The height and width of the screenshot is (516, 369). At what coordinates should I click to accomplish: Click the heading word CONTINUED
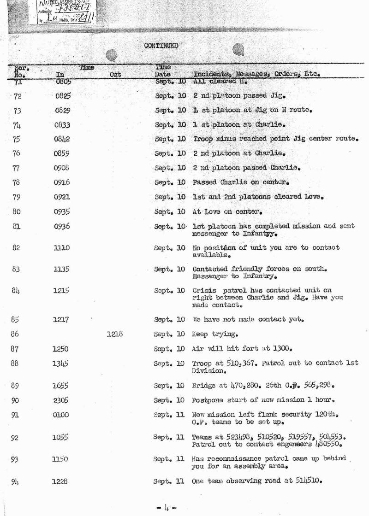pos(161,46)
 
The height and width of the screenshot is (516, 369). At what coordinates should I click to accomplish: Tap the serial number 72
pos(18,97)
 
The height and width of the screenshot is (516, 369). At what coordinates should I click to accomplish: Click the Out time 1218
pos(115,334)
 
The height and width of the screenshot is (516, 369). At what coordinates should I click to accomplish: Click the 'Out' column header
pos(115,74)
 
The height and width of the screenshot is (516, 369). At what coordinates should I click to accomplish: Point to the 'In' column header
pos(60,74)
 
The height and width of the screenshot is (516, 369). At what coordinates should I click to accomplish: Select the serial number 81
pos(17,227)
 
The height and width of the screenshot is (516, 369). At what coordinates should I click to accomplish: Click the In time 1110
pos(62,248)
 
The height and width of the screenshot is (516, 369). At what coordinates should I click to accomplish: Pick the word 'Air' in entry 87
pos(198,349)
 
